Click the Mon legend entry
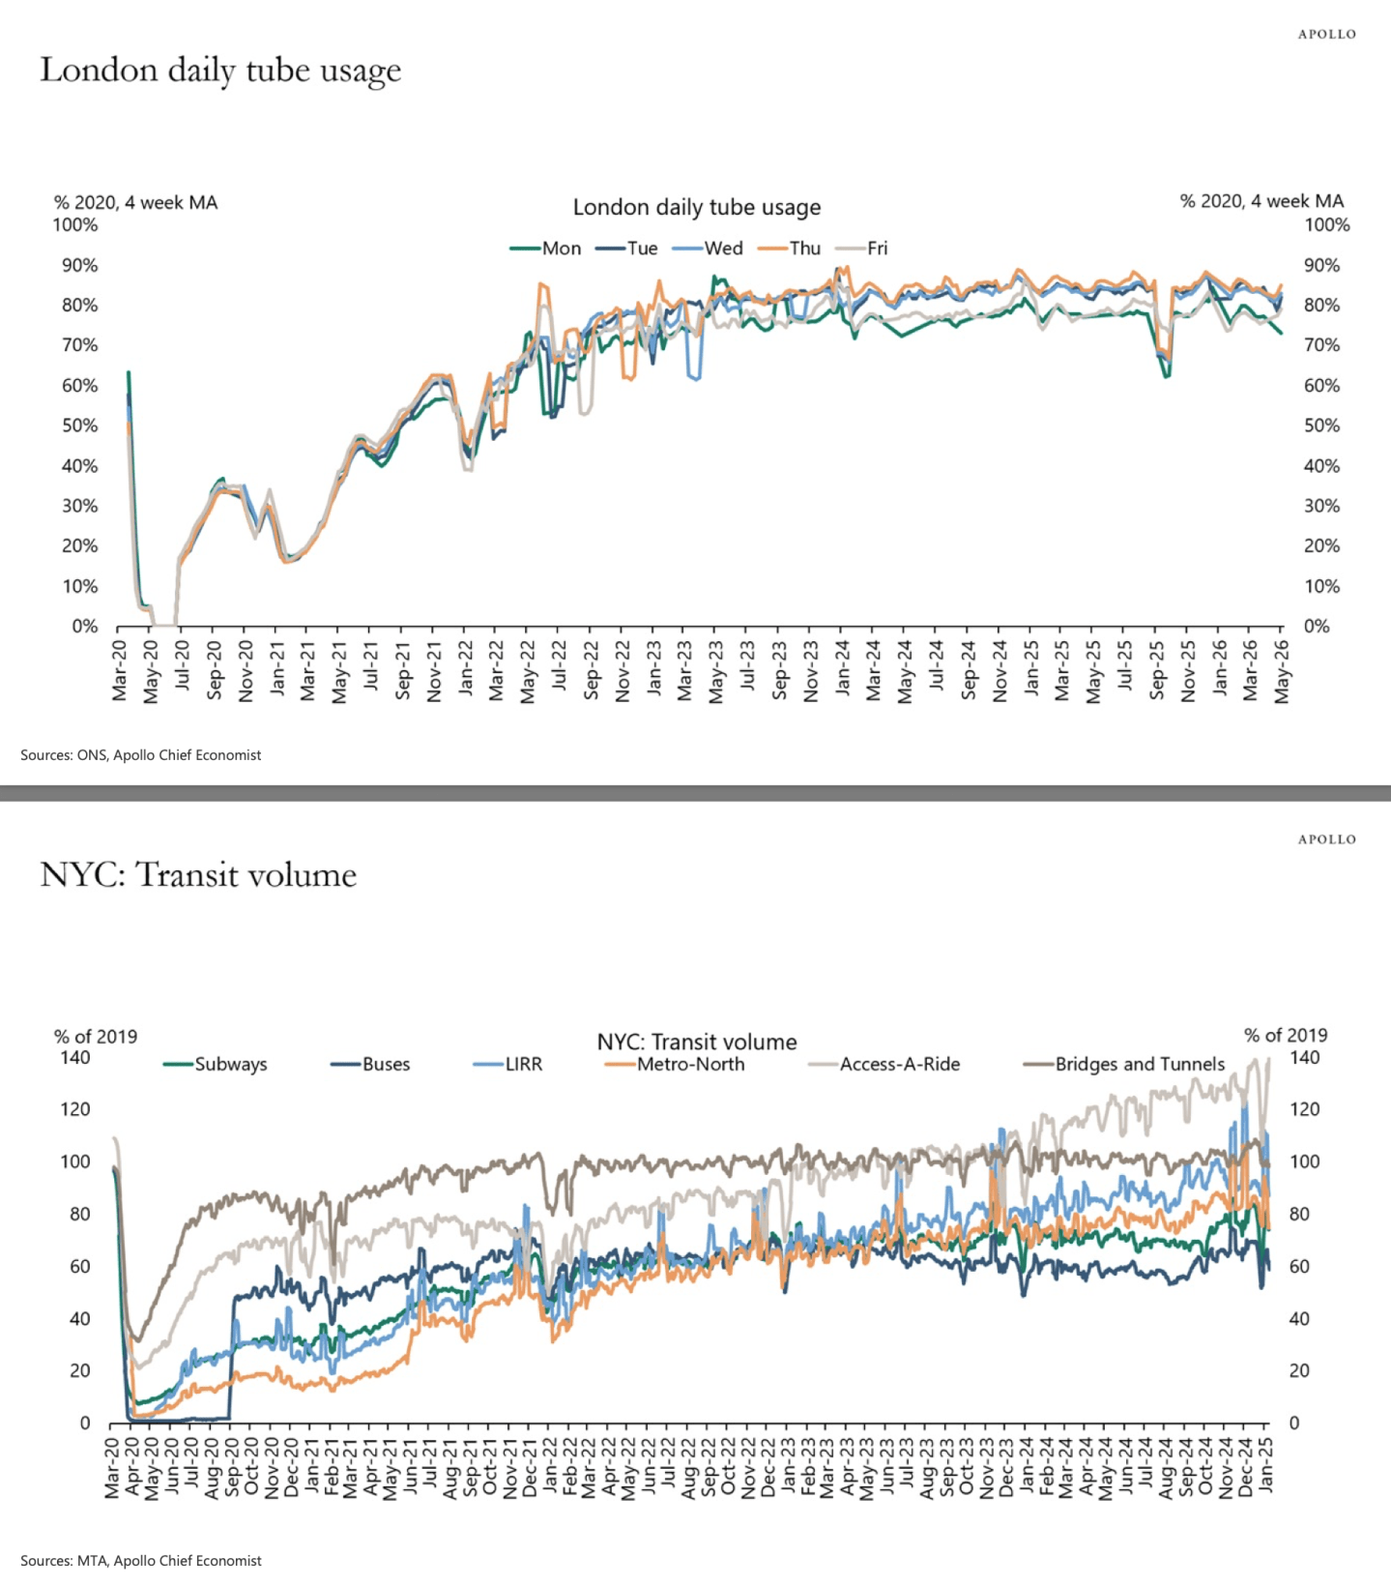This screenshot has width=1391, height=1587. [546, 249]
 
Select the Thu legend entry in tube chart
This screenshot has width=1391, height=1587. [789, 249]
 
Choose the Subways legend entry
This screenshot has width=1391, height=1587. [216, 1064]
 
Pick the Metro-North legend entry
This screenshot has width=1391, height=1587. [675, 1064]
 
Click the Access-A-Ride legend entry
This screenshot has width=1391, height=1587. [884, 1064]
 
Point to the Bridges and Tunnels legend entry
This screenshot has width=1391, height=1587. [1124, 1064]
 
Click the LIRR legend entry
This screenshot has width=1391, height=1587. [507, 1064]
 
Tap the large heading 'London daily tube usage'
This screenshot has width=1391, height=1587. [220, 72]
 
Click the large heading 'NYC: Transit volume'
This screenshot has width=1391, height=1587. [198, 875]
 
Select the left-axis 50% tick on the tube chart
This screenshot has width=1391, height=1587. [79, 426]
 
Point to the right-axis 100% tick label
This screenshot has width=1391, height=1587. [1327, 225]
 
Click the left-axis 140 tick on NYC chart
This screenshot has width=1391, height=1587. [75, 1057]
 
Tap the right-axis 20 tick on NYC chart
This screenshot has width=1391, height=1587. [1300, 1370]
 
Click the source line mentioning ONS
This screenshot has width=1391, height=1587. [141, 755]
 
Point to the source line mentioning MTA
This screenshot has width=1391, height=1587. [141, 1561]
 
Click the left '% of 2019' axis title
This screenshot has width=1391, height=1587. [96, 1037]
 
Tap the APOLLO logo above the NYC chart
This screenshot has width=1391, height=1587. [1327, 839]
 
